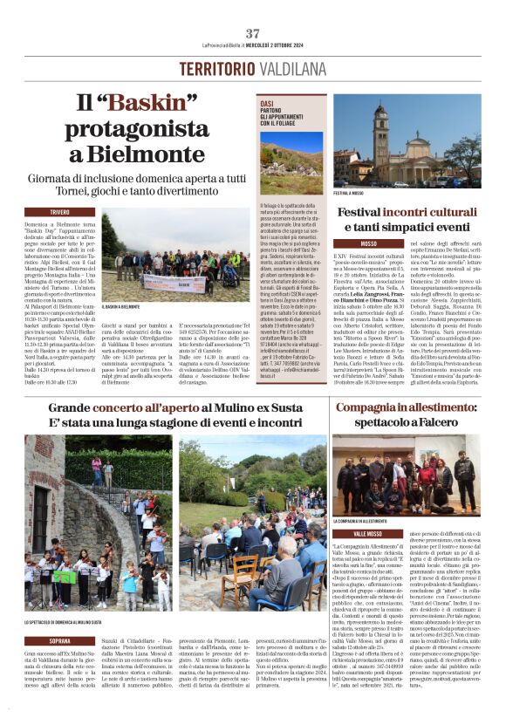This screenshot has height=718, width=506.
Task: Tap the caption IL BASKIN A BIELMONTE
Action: (121, 307)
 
